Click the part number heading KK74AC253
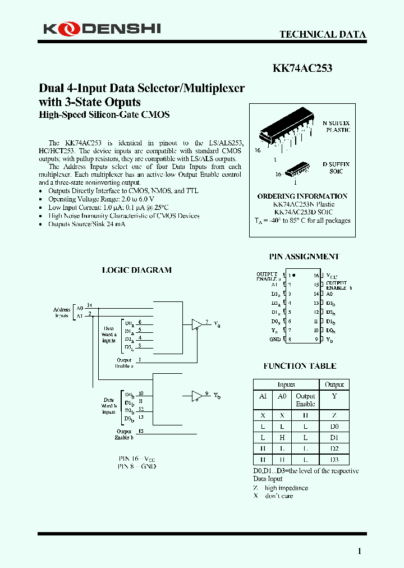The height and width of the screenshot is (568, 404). tap(302, 68)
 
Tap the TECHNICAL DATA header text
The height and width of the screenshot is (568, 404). tap(323, 34)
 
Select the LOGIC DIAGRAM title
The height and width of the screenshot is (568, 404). tap(136, 270)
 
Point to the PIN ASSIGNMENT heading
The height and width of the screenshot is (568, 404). tap(304, 256)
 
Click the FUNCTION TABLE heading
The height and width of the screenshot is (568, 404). tap(300, 366)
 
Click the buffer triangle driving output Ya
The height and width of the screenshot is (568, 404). tap(196, 324)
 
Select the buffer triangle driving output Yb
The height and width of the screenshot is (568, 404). tap(196, 396)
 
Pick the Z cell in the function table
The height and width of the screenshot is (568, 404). tap(334, 415)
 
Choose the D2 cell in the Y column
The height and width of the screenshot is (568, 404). tap(334, 448)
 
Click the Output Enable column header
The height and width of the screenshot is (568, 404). tap(305, 400)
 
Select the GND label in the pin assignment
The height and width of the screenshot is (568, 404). tap(275, 340)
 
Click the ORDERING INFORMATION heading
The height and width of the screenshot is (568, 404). tap(302, 196)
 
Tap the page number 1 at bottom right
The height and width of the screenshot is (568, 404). tap(360, 551)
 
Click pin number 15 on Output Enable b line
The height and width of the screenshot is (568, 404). tap(140, 431)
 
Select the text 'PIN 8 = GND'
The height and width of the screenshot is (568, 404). tap(137, 466)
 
